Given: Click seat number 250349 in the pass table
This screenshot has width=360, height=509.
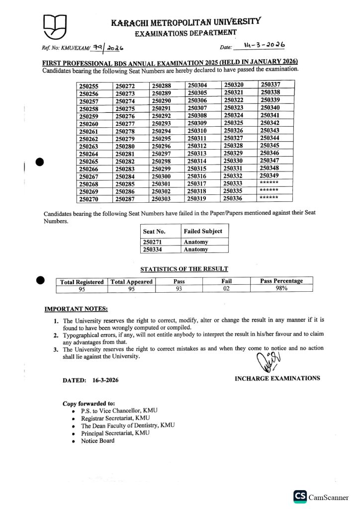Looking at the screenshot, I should [x=270, y=175].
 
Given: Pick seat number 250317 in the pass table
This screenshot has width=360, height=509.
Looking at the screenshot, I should [x=197, y=183].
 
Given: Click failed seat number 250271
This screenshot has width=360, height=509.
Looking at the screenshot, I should [x=153, y=242].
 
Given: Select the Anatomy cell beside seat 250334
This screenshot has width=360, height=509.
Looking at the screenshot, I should [x=196, y=250].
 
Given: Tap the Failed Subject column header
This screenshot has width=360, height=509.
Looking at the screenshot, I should [x=203, y=231].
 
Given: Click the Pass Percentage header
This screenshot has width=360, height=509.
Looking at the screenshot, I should [x=281, y=281].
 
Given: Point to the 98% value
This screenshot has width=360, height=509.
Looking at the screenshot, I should [x=281, y=288].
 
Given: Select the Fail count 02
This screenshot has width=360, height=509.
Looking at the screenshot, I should [x=226, y=288].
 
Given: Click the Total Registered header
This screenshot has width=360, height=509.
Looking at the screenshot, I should [x=82, y=282].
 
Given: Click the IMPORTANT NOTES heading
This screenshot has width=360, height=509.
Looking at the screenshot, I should [x=76, y=309].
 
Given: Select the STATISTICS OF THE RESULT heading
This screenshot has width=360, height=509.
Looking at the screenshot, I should [x=184, y=269].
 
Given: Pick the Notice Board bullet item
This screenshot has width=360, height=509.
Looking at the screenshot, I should [x=97, y=440].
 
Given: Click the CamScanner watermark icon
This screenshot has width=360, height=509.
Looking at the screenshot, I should [x=300, y=497].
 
